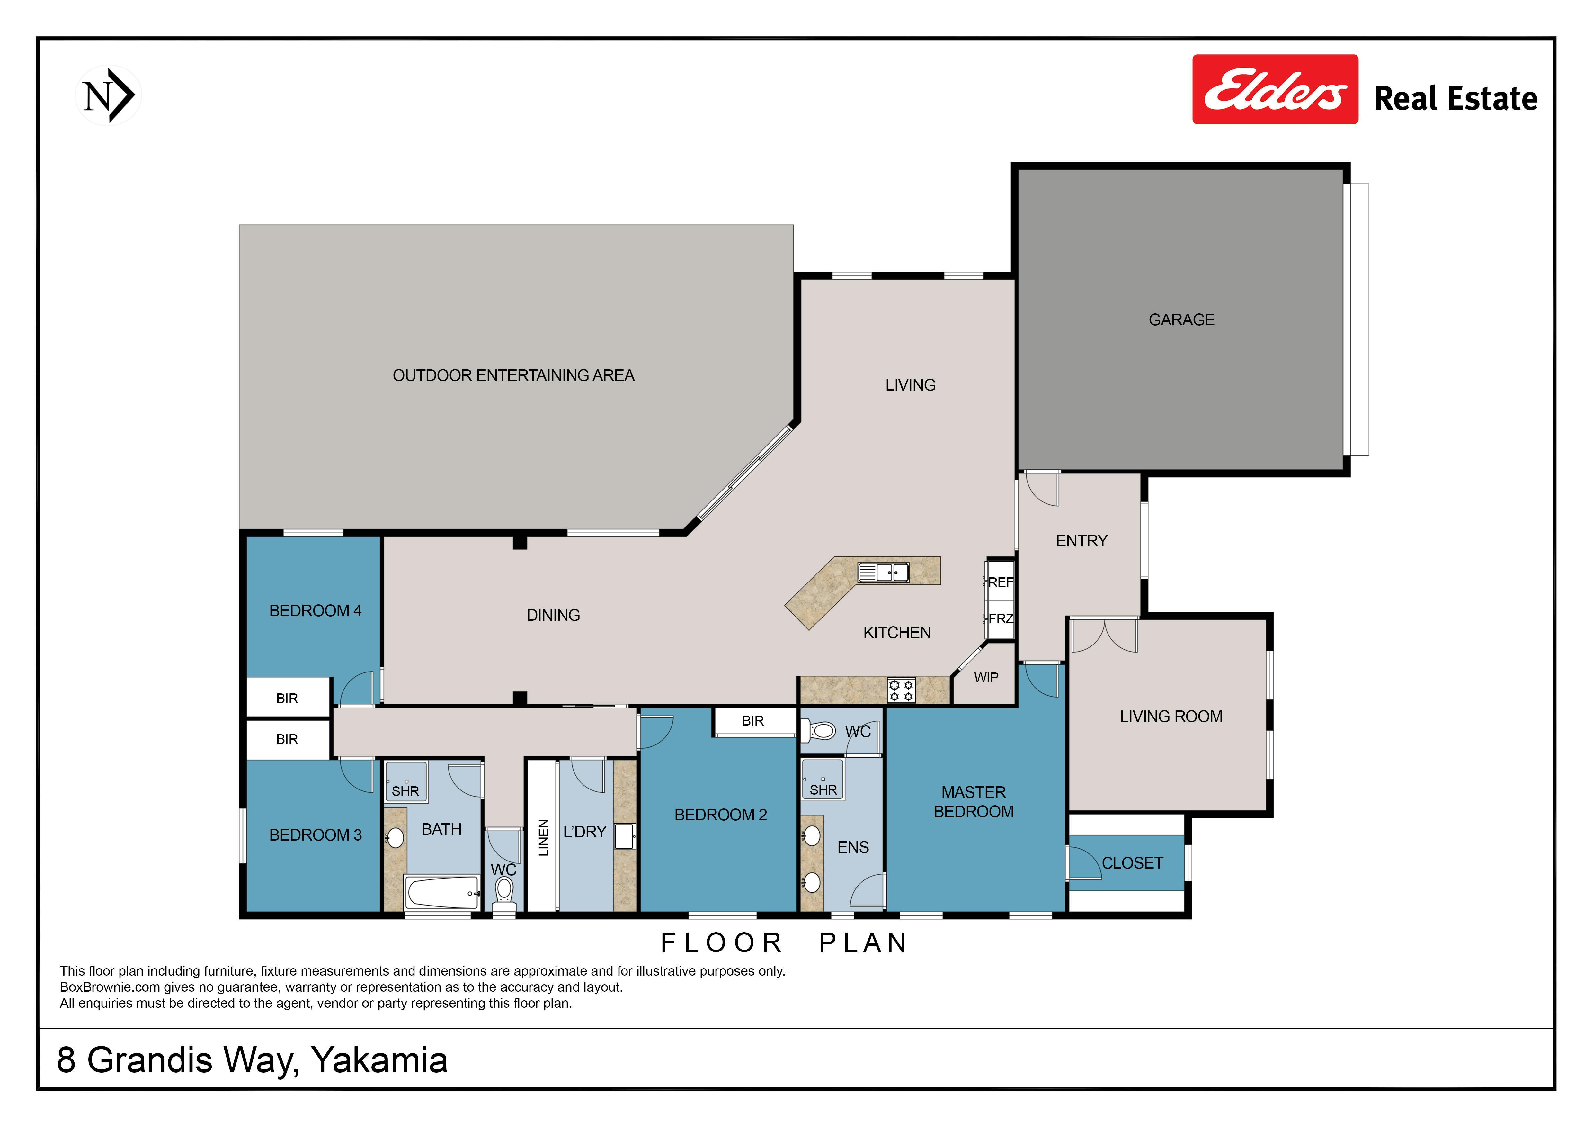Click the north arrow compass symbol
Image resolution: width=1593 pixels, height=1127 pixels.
click(x=108, y=95)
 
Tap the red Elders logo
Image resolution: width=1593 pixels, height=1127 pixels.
click(x=1275, y=89)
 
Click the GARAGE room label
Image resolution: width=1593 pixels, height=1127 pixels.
click(x=1181, y=320)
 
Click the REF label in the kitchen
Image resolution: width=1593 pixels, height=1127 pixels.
click(x=1001, y=582)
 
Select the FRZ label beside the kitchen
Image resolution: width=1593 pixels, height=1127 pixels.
click(x=1001, y=618)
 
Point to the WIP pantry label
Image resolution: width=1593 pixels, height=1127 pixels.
click(x=986, y=677)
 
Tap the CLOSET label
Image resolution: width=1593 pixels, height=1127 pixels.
click(x=1132, y=863)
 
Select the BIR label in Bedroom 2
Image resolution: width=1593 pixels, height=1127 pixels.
click(x=753, y=721)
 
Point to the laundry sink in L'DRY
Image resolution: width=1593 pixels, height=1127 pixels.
click(x=624, y=836)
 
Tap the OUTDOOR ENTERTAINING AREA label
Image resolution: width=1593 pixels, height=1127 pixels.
click(x=513, y=375)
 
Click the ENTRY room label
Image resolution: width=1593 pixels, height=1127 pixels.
click(x=1082, y=541)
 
